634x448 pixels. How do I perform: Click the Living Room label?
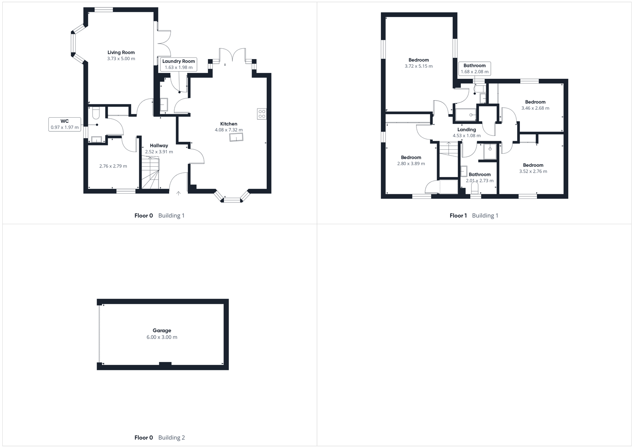[121, 52]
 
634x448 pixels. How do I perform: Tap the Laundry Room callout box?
[178, 64]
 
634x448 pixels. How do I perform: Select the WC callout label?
[65, 124]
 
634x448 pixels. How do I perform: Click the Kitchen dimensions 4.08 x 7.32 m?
[229, 130]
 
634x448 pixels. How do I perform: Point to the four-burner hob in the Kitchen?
[262, 114]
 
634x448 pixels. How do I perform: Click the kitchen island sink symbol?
[237, 137]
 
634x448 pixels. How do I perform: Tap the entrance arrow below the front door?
[178, 193]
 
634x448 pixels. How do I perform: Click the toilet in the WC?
[95, 114]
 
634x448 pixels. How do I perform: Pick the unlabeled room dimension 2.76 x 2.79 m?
[113, 166]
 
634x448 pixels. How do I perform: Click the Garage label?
[162, 330]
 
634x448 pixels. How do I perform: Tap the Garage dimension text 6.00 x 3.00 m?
[162, 337]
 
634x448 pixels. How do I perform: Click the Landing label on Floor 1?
[466, 130]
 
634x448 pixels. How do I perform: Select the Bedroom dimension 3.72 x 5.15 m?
[418, 66]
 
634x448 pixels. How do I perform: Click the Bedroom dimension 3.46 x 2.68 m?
[535, 108]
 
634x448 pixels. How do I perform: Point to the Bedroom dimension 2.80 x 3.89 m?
[411, 164]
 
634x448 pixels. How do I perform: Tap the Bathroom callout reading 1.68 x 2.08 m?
[474, 69]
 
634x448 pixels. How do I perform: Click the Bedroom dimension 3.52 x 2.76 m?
[533, 172]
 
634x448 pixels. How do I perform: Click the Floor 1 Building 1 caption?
[474, 215]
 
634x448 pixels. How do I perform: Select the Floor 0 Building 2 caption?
[159, 438]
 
